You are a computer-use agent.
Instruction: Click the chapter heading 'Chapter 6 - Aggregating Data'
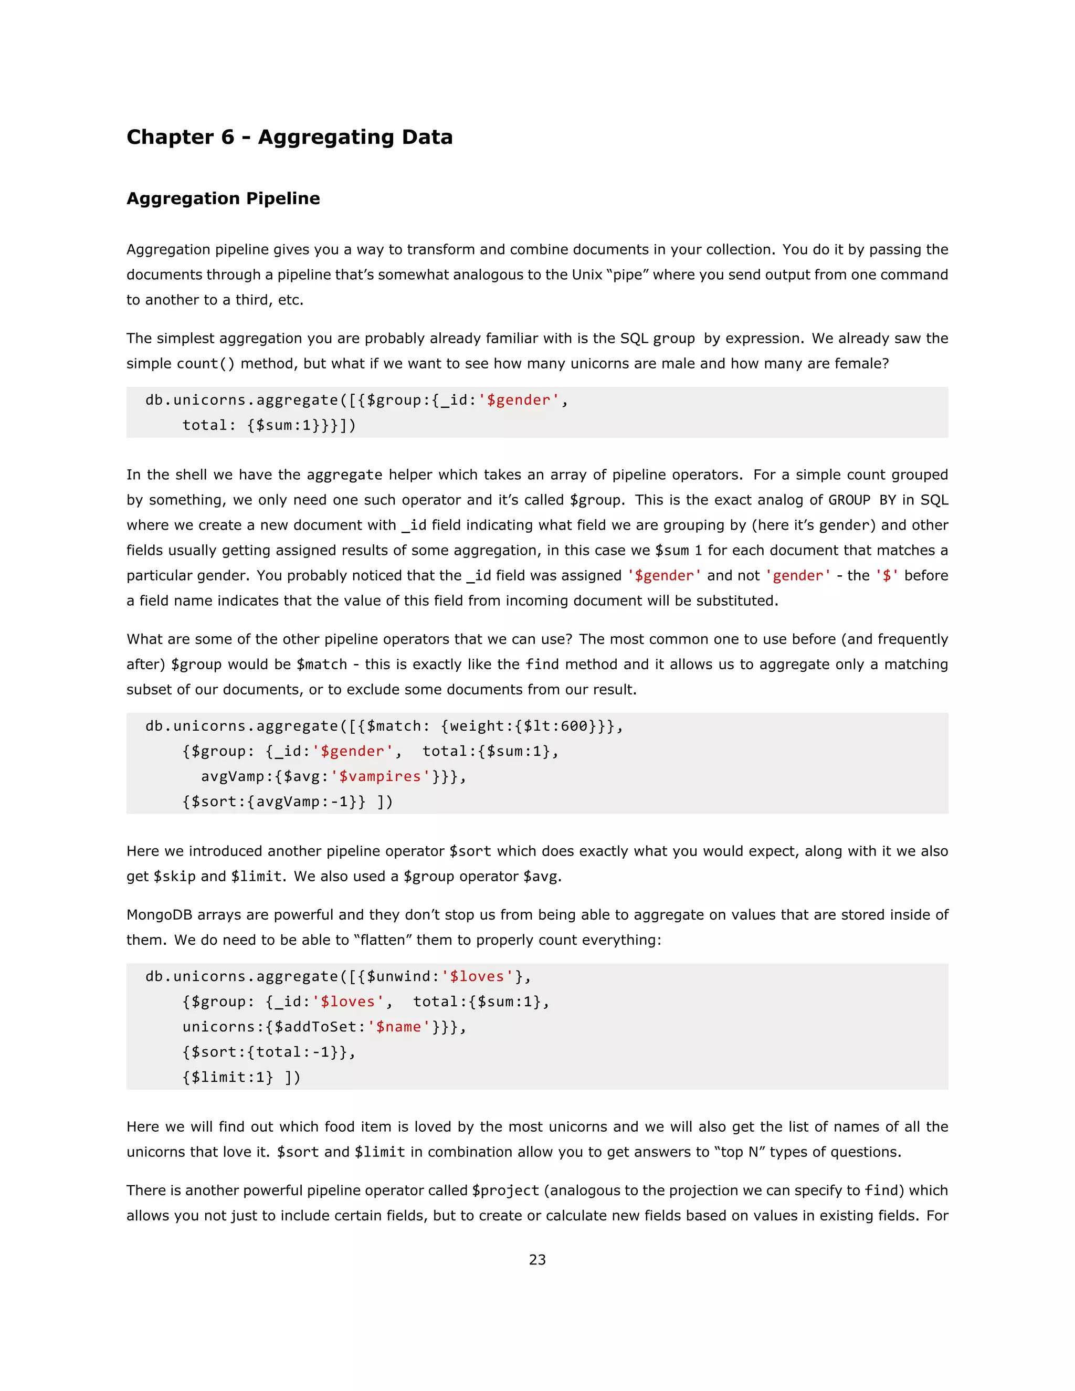289,137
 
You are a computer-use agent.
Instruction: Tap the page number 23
537,1259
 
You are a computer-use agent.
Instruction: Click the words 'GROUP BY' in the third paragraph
862,500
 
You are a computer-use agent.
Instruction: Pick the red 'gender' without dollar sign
798,576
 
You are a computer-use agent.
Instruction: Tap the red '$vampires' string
380,776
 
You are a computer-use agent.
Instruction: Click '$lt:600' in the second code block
555,726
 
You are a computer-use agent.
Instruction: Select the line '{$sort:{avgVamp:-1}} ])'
287,801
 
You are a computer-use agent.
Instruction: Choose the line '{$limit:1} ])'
241,1077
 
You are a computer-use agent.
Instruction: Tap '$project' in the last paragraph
505,1190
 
